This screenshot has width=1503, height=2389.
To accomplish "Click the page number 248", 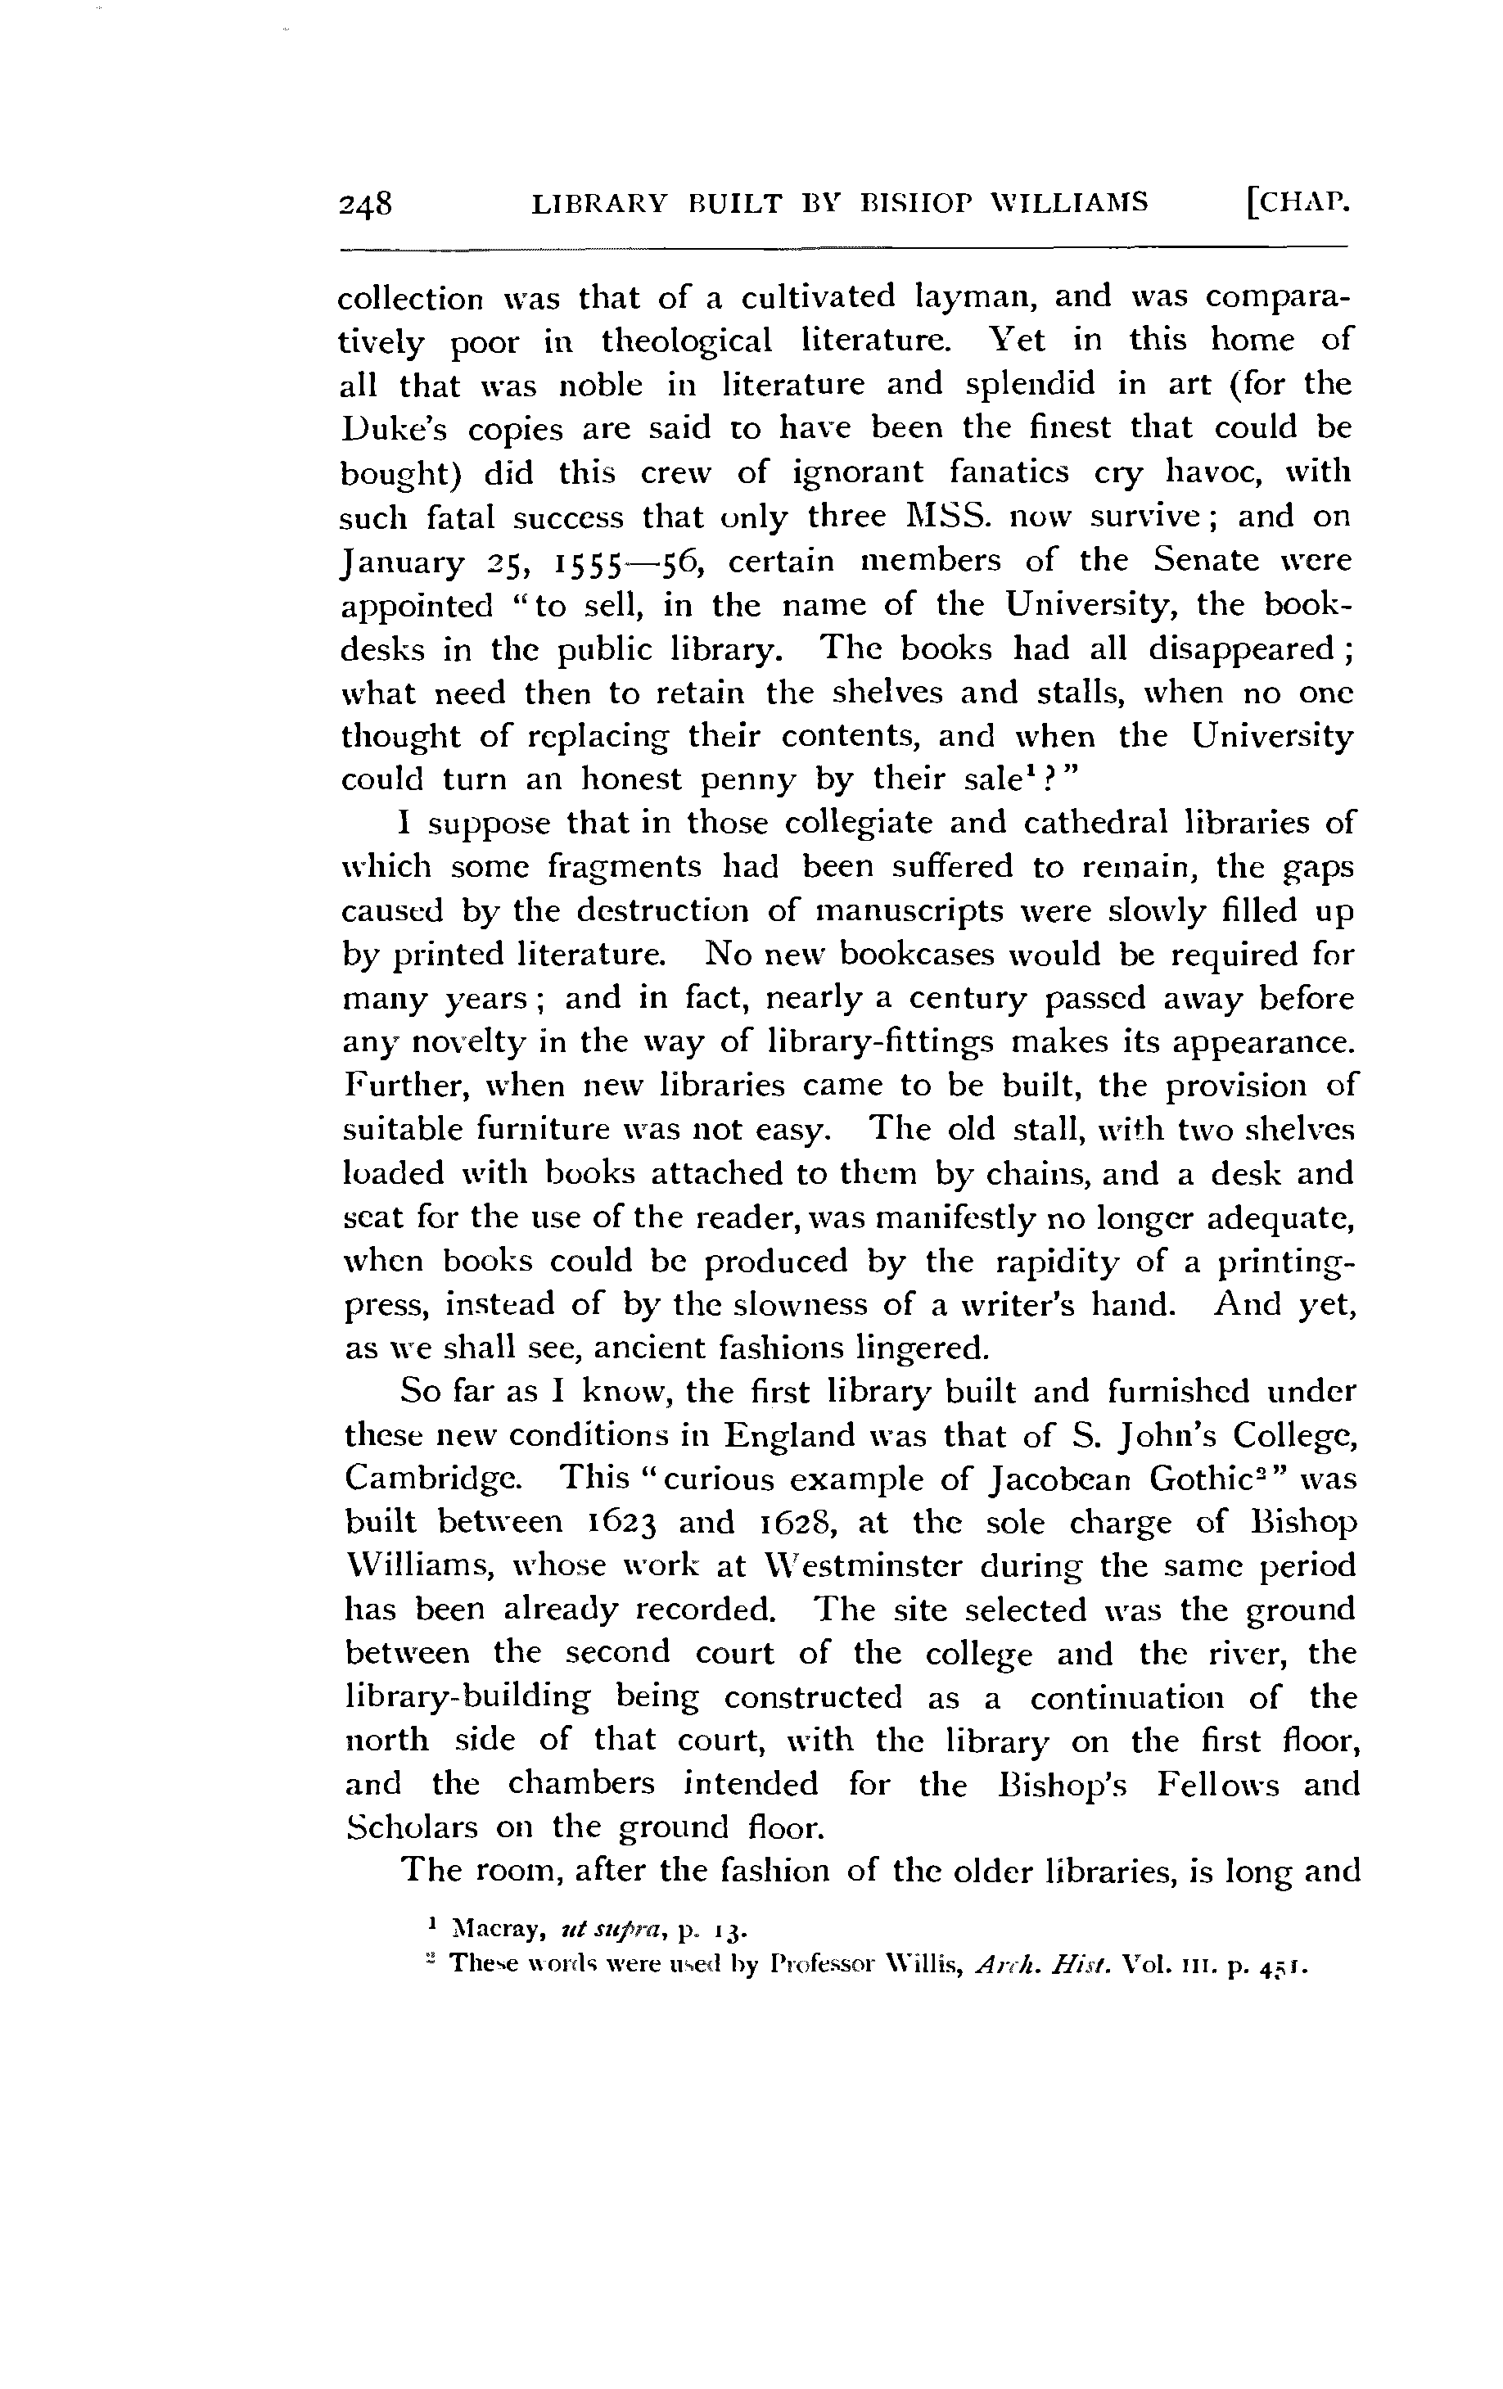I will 366,205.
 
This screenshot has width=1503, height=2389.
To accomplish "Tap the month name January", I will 402,562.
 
